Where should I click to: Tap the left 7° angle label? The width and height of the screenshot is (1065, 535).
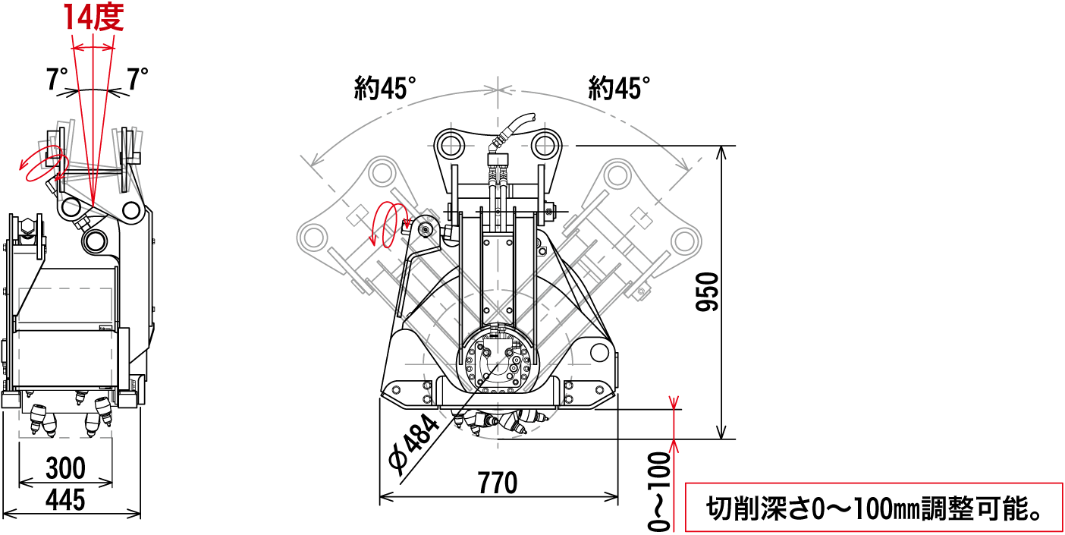coord(57,79)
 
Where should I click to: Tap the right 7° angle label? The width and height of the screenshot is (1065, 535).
coord(137,79)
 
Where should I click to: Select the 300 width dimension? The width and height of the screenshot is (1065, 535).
coord(65,468)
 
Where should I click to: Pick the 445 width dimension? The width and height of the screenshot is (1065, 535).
coord(65,500)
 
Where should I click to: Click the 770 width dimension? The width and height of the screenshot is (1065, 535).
coord(498,483)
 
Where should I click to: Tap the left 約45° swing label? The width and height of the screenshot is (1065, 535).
coord(385,89)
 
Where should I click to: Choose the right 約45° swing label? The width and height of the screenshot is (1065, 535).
coord(620,89)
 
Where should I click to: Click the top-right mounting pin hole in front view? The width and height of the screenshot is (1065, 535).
coord(545,144)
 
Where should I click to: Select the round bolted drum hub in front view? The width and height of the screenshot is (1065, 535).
coord(498,364)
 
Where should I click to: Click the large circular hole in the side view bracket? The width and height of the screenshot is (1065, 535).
coord(97,241)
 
